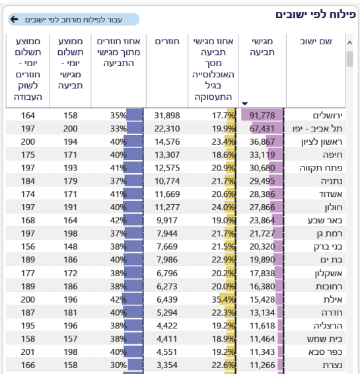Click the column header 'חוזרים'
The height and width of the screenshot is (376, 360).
(x=167, y=42)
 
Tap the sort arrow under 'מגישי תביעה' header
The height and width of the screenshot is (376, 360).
(x=245, y=103)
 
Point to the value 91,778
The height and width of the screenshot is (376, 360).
(x=262, y=115)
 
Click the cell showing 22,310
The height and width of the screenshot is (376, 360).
(x=166, y=128)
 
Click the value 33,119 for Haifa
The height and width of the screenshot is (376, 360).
(x=262, y=155)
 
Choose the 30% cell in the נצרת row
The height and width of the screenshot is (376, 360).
(x=118, y=364)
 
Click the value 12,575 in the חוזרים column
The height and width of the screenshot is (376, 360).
(x=166, y=168)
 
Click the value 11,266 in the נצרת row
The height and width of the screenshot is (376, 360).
(x=262, y=364)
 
